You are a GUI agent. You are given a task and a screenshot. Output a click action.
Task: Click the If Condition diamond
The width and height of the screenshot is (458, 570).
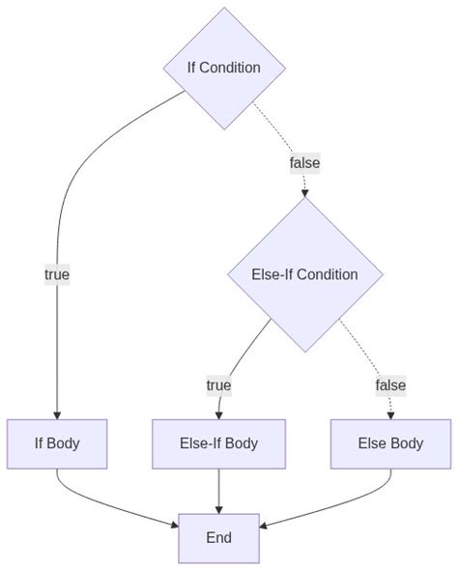[224, 68]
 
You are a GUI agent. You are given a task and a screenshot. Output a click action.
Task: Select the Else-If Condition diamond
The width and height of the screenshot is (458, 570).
[304, 274]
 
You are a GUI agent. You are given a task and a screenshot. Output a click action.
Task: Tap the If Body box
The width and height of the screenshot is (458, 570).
[57, 444]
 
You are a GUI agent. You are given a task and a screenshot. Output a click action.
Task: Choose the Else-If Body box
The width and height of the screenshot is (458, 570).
[218, 444]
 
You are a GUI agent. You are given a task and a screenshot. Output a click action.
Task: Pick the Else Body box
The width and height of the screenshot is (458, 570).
[390, 444]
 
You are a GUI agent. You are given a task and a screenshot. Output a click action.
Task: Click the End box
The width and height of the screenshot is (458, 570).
[218, 538]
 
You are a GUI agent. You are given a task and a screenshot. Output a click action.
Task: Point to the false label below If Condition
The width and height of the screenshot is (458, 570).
[304, 163]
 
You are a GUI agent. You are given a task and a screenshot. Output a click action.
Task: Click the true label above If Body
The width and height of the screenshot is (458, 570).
[57, 274]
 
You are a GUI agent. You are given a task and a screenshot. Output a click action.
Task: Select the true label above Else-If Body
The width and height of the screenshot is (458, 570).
[218, 385]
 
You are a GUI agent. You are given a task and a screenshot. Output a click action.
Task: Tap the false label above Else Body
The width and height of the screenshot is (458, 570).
[390, 385]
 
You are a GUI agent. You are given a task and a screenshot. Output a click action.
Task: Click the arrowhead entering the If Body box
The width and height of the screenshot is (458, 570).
[57, 414]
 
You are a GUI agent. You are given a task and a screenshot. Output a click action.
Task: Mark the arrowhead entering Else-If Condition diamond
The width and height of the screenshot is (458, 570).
[304, 193]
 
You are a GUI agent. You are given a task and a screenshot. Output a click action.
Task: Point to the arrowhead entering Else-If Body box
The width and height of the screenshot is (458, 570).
[218, 414]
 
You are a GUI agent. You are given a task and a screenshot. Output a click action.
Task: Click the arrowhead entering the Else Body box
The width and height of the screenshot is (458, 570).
[390, 414]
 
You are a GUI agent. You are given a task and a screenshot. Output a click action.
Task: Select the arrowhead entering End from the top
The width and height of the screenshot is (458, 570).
[218, 509]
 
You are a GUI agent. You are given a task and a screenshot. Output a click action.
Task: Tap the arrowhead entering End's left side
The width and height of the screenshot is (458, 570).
[174, 527]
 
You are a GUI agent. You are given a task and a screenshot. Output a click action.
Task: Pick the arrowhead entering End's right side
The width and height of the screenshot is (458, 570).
[265, 527]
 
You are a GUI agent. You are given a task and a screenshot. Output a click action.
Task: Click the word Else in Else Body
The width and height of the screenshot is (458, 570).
[372, 444]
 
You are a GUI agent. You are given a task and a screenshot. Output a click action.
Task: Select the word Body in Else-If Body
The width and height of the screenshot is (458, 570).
[241, 444]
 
